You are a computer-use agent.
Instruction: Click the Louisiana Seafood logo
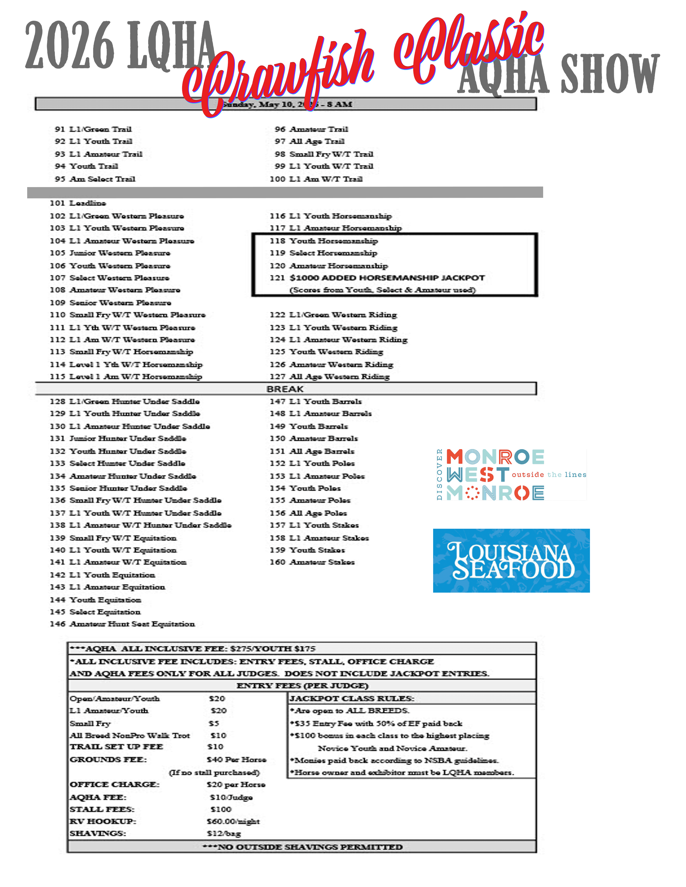click(x=511, y=560)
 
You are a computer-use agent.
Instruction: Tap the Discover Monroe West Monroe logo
click(x=511, y=474)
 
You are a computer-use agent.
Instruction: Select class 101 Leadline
click(x=78, y=203)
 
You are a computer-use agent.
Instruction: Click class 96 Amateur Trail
click(x=311, y=129)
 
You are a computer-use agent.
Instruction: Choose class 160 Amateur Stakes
click(x=312, y=562)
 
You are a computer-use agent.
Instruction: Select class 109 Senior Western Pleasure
click(x=111, y=303)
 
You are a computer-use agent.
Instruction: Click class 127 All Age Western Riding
click(x=330, y=377)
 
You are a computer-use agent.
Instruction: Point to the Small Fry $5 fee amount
click(x=214, y=723)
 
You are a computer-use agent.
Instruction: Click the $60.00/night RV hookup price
click(x=233, y=821)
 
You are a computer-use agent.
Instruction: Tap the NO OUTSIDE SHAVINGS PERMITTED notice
click(x=302, y=846)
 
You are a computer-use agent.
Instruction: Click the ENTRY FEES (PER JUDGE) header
click(x=302, y=686)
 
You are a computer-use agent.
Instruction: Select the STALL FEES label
click(x=102, y=809)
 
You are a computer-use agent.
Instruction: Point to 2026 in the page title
click(x=69, y=45)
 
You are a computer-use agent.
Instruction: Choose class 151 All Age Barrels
click(x=312, y=451)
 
